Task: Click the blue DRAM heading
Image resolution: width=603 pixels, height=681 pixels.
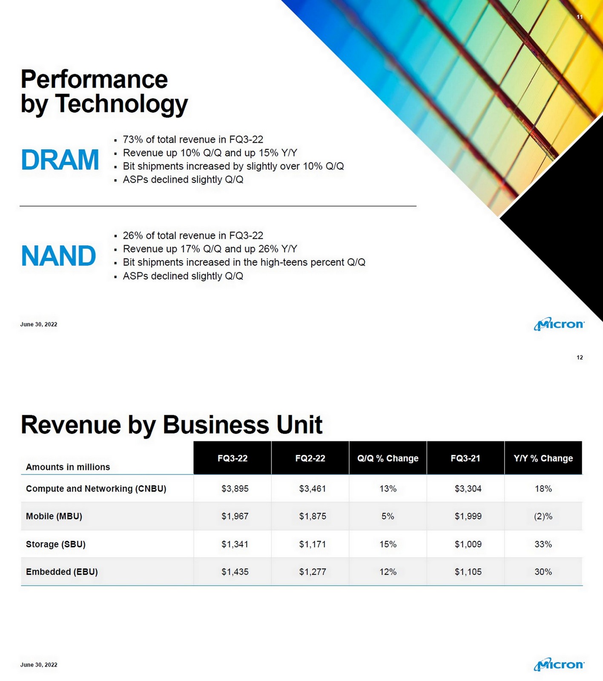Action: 60,160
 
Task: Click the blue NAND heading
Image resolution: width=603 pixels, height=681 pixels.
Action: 58,256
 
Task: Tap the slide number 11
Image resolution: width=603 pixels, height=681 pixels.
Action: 579,17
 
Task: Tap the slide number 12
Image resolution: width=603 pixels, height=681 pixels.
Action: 579,358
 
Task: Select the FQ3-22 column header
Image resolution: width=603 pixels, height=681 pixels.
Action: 232,458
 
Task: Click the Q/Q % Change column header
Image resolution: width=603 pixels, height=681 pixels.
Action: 388,458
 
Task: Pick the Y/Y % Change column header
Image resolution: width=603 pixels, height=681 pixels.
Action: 543,458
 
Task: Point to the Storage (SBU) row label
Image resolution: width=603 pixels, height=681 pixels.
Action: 56,544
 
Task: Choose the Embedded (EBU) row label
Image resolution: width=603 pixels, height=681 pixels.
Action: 62,572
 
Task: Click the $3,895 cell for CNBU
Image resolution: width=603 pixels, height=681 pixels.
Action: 235,489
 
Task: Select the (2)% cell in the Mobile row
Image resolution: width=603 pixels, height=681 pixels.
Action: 543,516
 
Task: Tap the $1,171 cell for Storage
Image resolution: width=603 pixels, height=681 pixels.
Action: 312,544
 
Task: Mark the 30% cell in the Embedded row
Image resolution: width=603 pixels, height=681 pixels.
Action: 543,572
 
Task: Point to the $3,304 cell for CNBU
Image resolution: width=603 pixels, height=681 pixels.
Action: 468,489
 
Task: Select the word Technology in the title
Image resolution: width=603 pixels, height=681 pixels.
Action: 121,104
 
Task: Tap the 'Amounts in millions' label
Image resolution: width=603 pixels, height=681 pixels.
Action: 68,467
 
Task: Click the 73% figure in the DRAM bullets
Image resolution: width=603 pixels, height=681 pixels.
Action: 132,140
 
